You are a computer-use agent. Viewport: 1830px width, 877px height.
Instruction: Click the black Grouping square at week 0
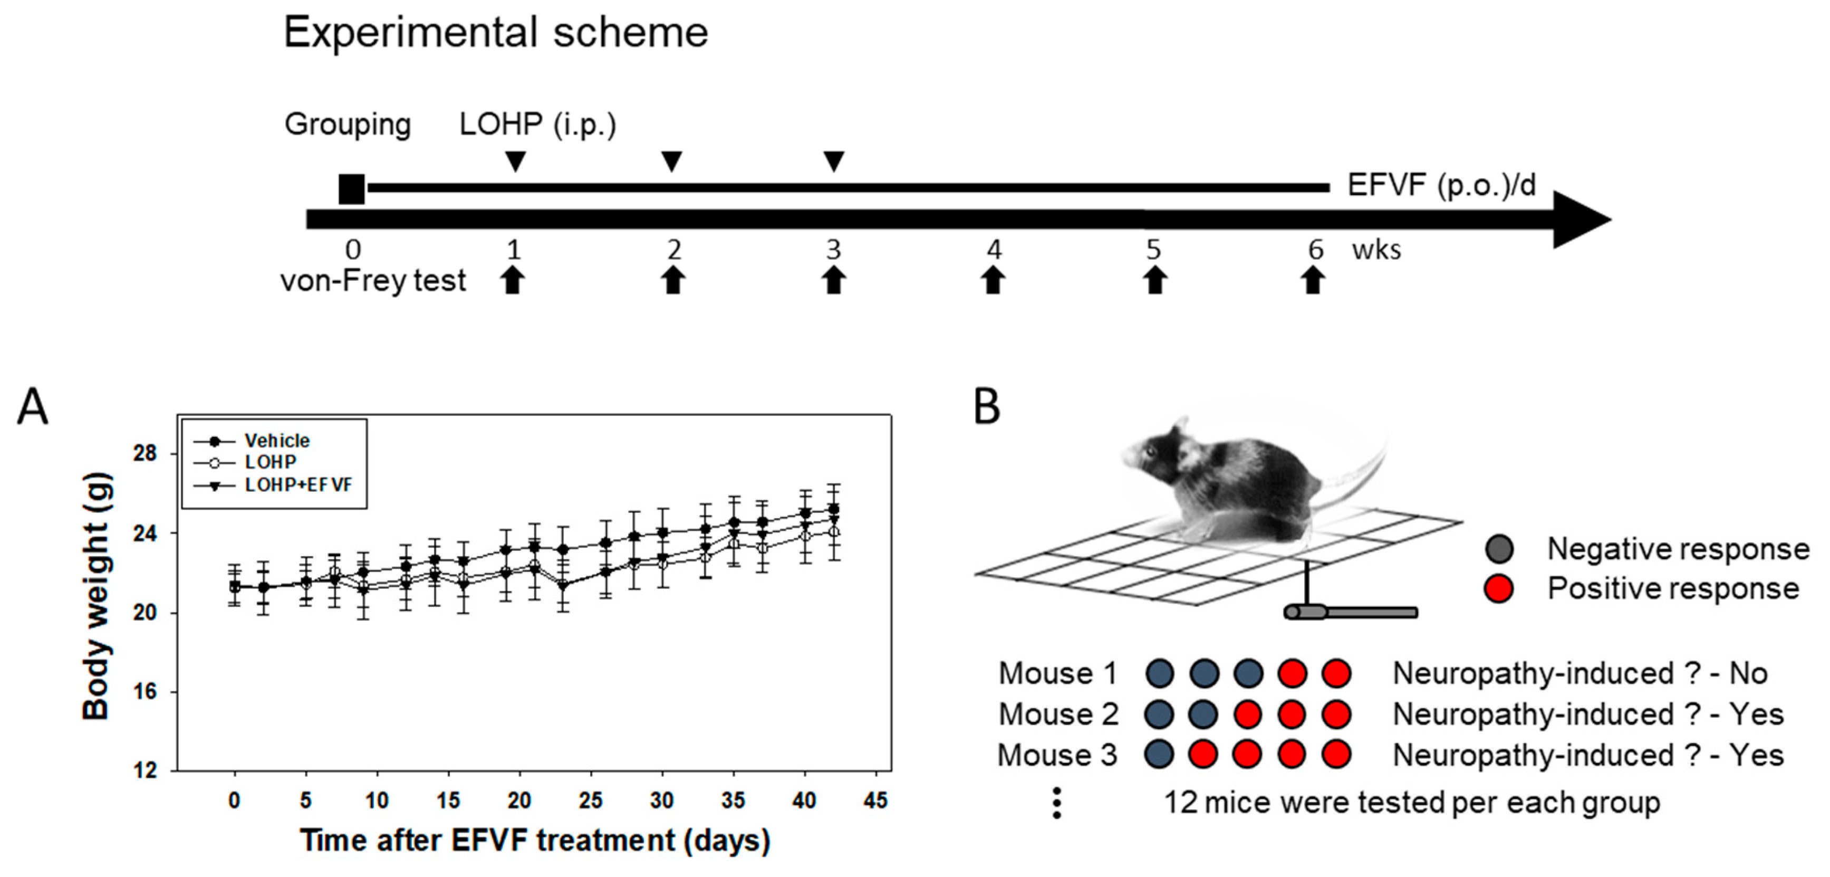point(352,189)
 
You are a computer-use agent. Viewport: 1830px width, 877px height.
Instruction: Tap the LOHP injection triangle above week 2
point(671,160)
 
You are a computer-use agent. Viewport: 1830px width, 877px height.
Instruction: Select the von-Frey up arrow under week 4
point(993,280)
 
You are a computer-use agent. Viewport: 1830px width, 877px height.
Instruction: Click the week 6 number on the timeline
point(1316,250)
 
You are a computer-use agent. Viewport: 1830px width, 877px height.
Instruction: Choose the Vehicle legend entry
point(276,441)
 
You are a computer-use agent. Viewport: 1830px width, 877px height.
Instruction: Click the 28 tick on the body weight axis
point(146,453)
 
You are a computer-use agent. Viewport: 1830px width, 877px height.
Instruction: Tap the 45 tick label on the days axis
point(875,801)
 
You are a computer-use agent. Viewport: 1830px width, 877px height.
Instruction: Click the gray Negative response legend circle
point(1499,549)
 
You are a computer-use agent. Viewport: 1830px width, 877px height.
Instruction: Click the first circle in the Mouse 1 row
point(1159,673)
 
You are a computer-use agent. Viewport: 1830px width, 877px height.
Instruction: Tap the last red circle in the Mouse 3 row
point(1336,755)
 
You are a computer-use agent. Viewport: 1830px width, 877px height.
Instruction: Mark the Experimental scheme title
point(496,33)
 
